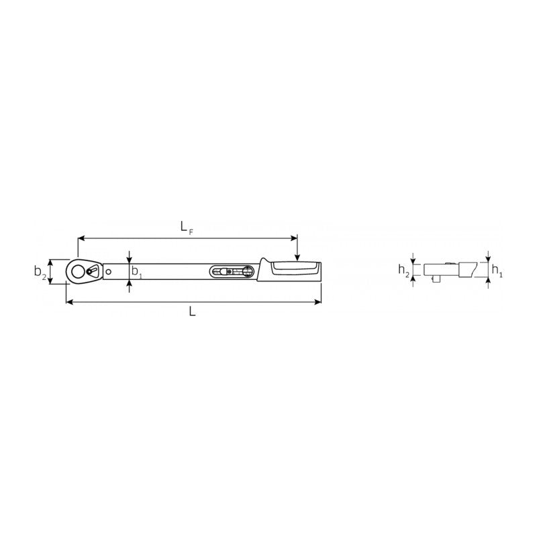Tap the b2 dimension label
point(40,272)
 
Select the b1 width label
point(136,273)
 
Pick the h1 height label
point(497,271)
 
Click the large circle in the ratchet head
point(79,271)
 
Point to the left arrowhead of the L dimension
point(69,303)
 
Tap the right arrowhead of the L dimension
point(318,303)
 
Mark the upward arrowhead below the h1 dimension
point(488,282)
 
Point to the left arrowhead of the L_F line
point(82,238)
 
